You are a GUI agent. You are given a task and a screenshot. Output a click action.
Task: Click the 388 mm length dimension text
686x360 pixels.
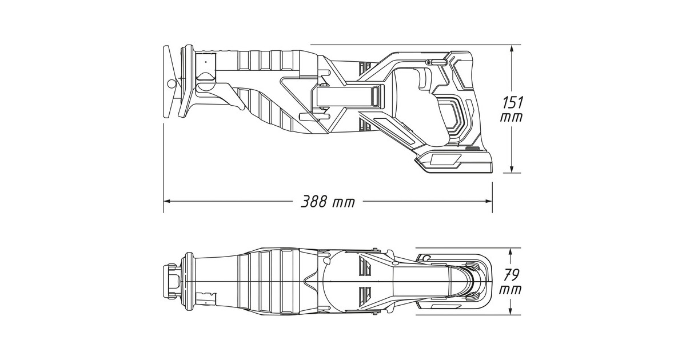pos(328,202)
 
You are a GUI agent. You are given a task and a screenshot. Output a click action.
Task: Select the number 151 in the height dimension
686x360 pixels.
pos(512,103)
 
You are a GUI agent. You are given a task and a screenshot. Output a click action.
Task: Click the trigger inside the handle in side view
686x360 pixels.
pos(425,80)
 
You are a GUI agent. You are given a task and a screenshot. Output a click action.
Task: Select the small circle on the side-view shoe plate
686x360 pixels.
pos(171,84)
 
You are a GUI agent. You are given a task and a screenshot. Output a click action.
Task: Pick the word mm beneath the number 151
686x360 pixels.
pos(510,117)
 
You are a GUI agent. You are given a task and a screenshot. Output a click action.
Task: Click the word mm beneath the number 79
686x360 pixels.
pos(510,289)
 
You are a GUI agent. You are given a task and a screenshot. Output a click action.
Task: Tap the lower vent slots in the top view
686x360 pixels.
pos(364,295)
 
